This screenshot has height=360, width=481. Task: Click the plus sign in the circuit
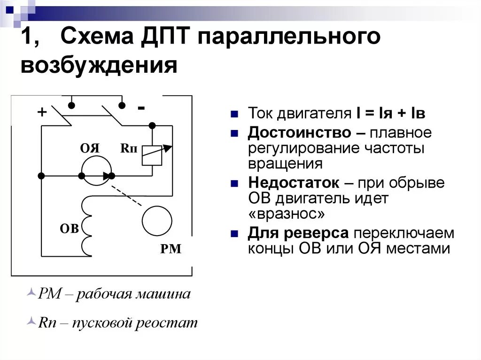(42, 112)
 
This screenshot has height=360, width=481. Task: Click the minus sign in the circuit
(141, 108)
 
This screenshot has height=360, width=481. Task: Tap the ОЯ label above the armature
(90, 148)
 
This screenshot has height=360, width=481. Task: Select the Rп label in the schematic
(129, 148)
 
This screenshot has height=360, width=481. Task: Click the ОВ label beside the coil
(69, 229)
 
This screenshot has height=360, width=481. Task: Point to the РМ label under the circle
(171, 249)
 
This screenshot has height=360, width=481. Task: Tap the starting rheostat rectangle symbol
(152, 154)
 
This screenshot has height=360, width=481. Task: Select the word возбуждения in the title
(99, 66)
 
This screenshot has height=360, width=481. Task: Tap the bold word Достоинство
(299, 133)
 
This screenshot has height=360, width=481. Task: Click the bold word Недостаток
(300, 183)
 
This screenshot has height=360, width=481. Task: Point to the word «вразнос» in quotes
(286, 214)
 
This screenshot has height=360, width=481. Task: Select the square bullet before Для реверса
(234, 233)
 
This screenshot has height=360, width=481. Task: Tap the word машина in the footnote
(163, 294)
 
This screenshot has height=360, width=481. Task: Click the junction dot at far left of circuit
(41, 176)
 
